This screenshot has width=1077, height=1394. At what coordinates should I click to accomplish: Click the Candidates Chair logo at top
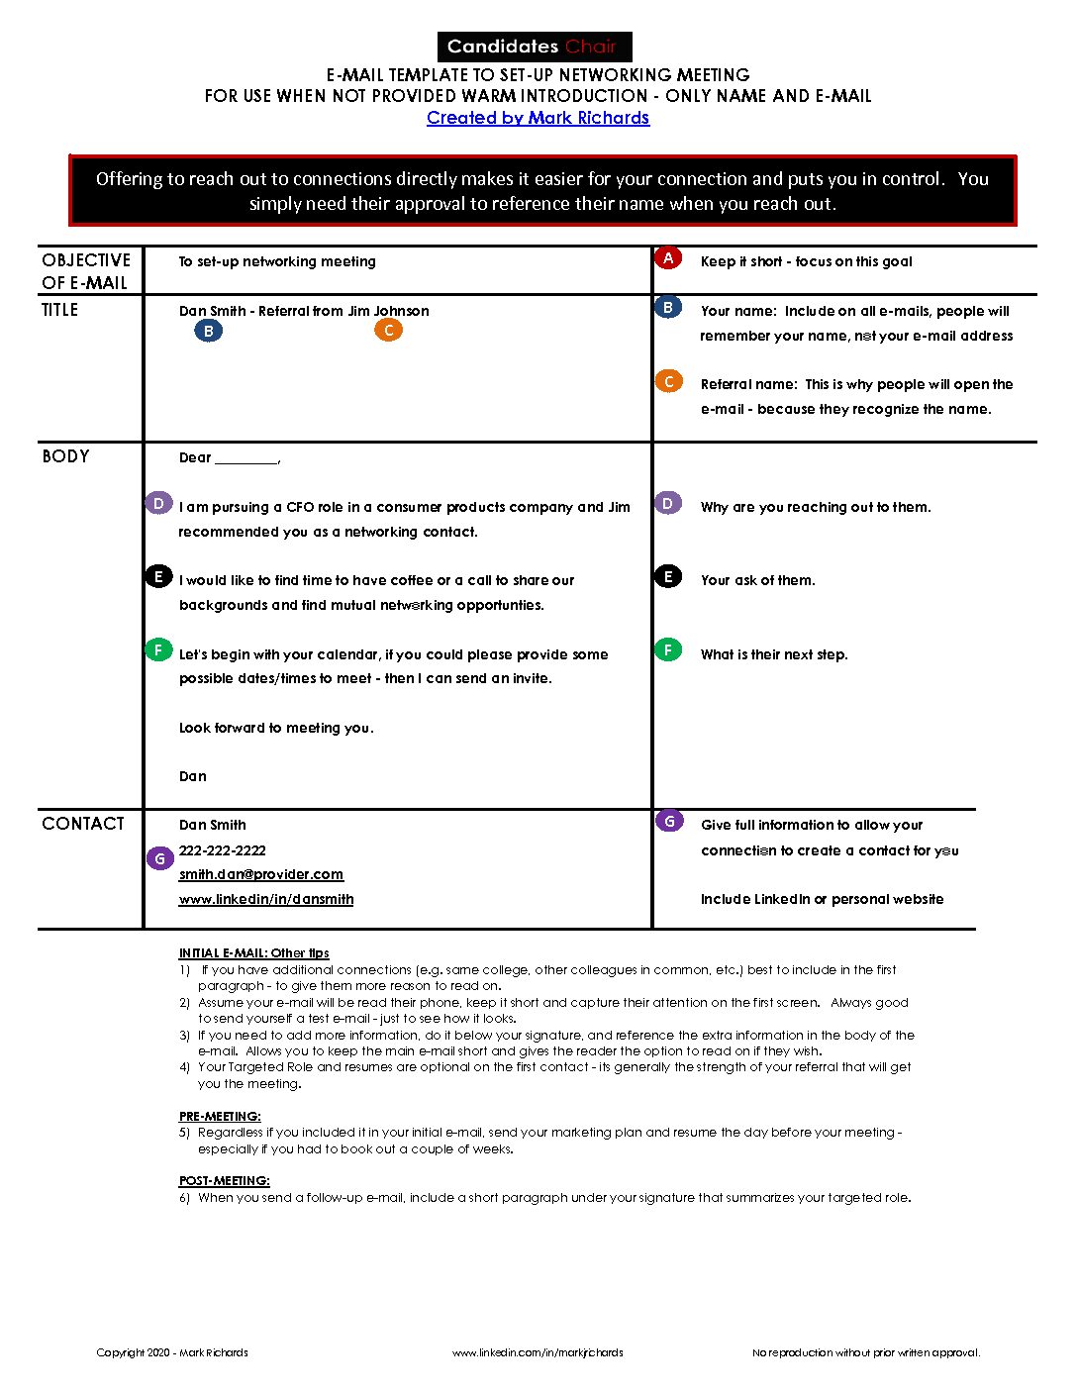pos(535,47)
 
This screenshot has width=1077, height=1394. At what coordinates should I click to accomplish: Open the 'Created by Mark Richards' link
pos(538,118)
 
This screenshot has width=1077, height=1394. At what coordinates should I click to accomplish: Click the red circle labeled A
pos(668,258)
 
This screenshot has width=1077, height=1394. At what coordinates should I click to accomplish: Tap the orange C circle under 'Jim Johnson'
pos(389,330)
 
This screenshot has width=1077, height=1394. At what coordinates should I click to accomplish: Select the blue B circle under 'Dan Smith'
pos(208,331)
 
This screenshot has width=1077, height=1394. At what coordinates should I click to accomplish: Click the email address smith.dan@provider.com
pos(261,874)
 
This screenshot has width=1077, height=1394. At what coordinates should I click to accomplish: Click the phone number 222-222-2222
pos(223,850)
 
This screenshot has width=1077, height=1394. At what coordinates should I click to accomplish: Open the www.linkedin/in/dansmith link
pos(266,899)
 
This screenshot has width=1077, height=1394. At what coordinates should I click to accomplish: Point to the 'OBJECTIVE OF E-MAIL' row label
pos(86,271)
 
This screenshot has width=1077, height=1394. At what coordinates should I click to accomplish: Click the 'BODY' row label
pos(65,456)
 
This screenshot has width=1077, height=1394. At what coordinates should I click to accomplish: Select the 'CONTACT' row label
pos(83,824)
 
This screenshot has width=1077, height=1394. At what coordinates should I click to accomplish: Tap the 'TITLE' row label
pos(59,310)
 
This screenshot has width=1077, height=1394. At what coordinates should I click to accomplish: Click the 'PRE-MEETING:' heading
pos(220,1116)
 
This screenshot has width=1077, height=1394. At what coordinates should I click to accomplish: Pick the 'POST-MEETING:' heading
pos(225,1181)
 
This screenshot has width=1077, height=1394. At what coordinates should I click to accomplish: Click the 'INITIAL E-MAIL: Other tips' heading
pos(254,953)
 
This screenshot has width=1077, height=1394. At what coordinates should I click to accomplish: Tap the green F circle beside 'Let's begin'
pos(158,650)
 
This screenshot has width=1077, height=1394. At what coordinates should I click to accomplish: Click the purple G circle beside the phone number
pos(160,858)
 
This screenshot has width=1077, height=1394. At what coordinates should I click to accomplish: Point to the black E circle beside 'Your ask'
pos(668,577)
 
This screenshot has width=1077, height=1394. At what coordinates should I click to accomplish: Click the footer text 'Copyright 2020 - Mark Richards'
pos(172,1352)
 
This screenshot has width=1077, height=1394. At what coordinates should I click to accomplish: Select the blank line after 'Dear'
pos(246,458)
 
